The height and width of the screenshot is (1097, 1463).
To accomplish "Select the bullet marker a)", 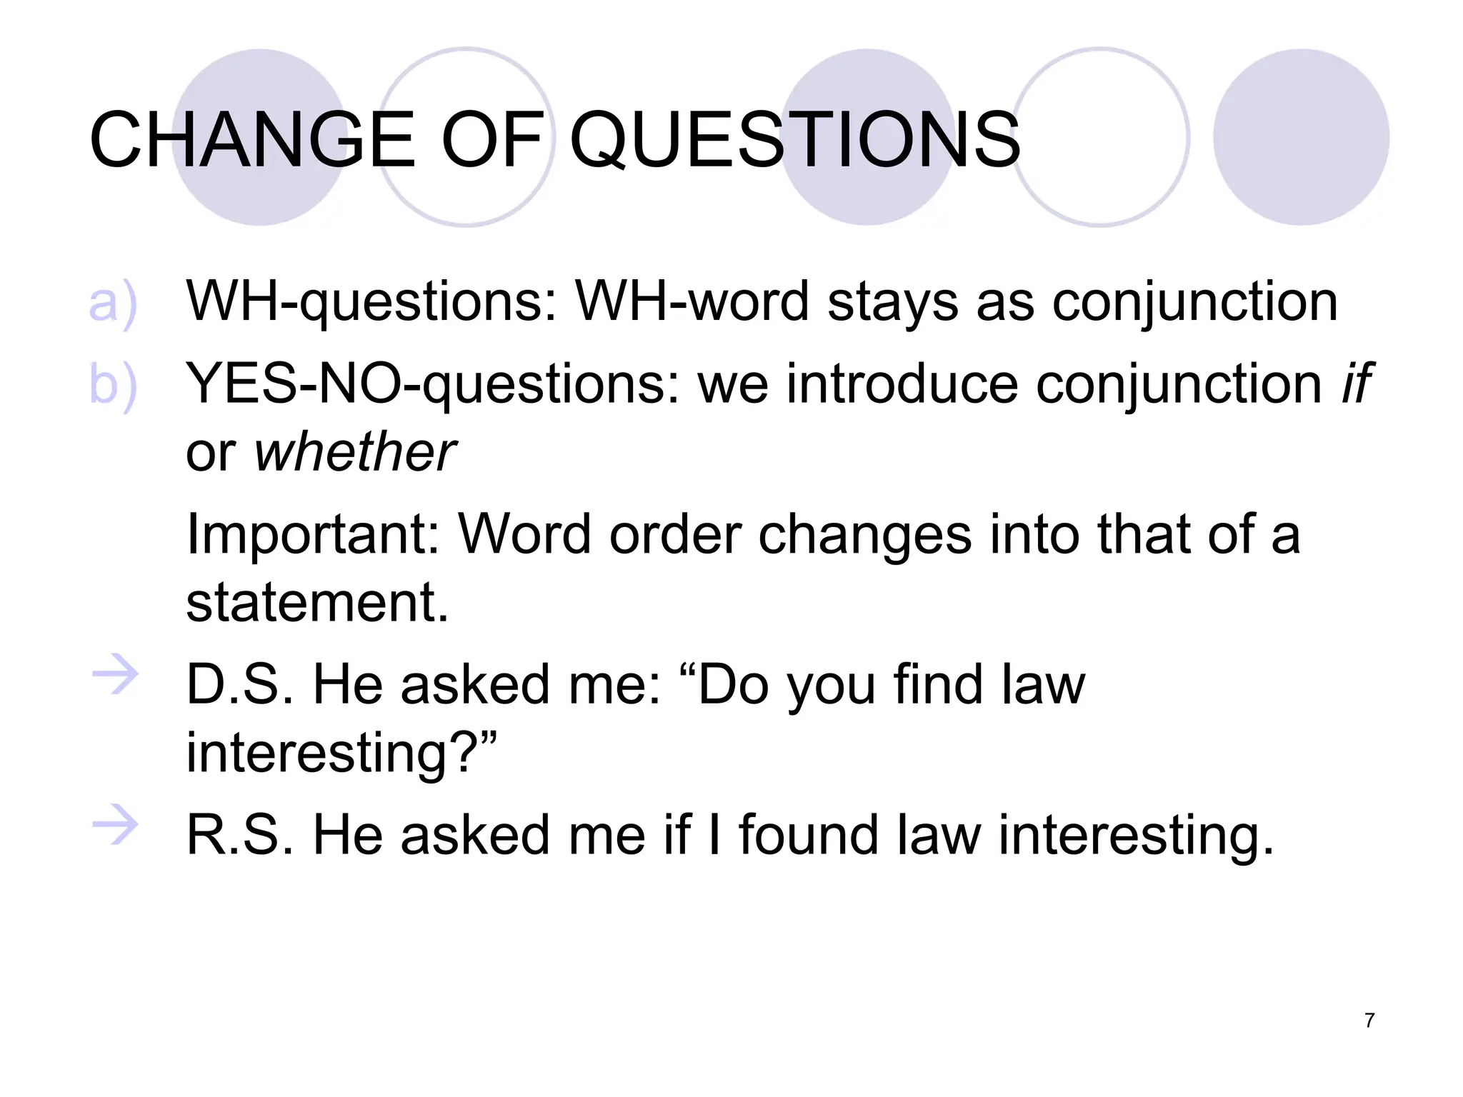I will coord(112,303).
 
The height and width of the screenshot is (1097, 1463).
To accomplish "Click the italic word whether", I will coord(355,453).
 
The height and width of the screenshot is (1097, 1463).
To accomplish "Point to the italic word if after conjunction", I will coord(1355,384).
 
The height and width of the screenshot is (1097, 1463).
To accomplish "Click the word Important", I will coord(313,534).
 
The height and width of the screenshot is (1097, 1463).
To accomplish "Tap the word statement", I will coord(317,603).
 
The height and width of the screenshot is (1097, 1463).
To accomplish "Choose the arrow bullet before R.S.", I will coord(114,826).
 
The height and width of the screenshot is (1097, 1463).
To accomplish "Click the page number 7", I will coord(1369,1021).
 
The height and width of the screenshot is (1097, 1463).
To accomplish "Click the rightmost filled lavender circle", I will coord(1301,137).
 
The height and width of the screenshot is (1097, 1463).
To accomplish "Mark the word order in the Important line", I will coord(675,534).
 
